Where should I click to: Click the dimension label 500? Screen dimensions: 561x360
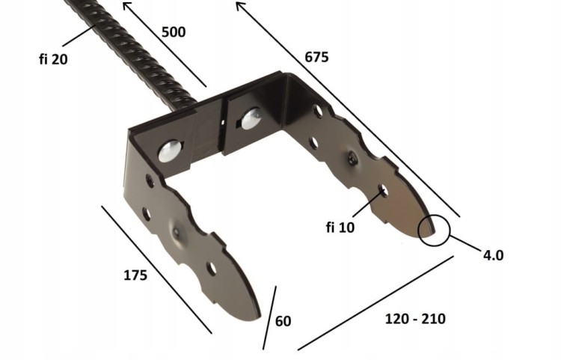[174, 32]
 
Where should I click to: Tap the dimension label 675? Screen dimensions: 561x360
[316, 57]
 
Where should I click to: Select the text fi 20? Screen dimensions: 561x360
[53, 59]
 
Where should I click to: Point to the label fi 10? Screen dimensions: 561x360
[340, 228]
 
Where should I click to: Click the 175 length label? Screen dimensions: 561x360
[135, 275]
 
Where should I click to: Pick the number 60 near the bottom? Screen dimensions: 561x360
[283, 321]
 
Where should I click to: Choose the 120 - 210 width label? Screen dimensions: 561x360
[415, 319]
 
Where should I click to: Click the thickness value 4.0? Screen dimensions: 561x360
[494, 255]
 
